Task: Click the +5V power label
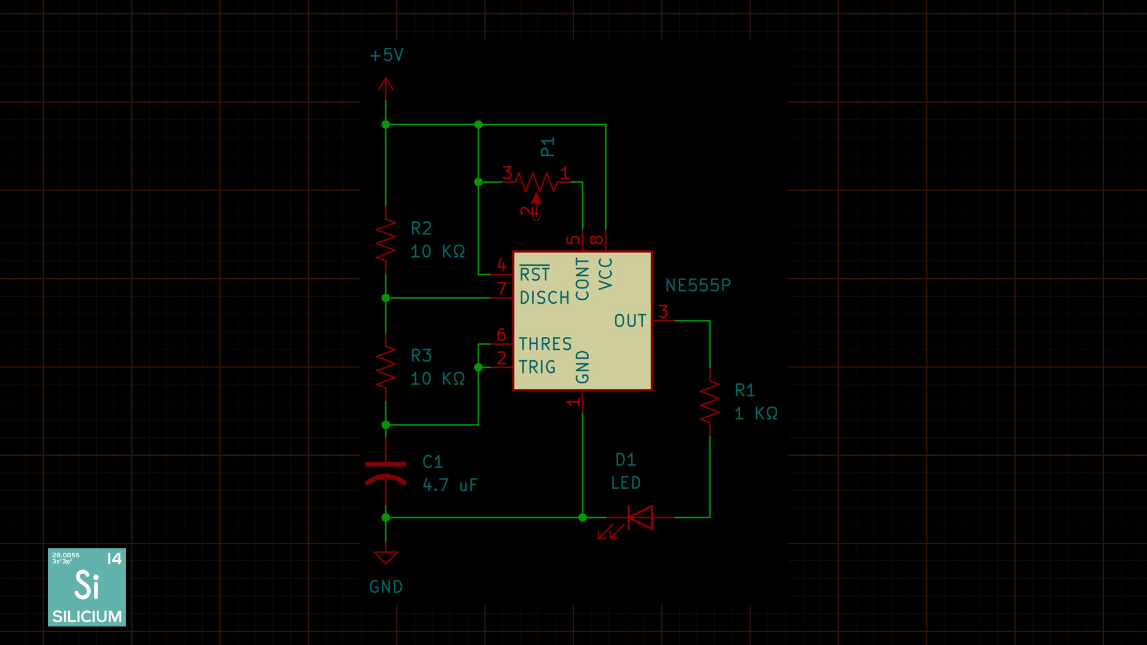pyautogui.click(x=387, y=56)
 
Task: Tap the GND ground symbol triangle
pyautogui.click(x=386, y=557)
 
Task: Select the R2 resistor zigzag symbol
pyautogui.click(x=386, y=239)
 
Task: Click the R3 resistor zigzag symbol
pyautogui.click(x=386, y=367)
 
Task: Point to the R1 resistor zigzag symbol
pyautogui.click(x=710, y=402)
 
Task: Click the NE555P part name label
pyautogui.click(x=698, y=285)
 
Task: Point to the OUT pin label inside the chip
pyautogui.click(x=630, y=321)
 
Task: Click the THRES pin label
pyautogui.click(x=545, y=344)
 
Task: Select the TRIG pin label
pyautogui.click(x=537, y=367)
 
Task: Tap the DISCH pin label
pyautogui.click(x=545, y=297)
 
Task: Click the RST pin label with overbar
pyautogui.click(x=535, y=273)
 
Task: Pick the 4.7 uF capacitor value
pyautogui.click(x=450, y=485)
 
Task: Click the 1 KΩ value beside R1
pyautogui.click(x=756, y=413)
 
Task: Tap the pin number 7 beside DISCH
pyautogui.click(x=502, y=288)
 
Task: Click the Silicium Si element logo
pyautogui.click(x=87, y=587)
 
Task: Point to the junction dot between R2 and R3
pyautogui.click(x=386, y=297)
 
